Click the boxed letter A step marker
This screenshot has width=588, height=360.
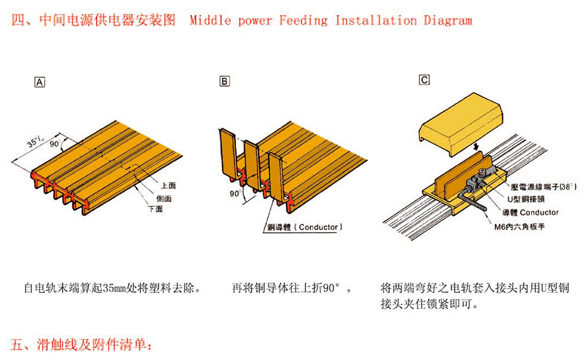coord(40,82)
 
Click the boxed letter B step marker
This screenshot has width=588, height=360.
coord(225,81)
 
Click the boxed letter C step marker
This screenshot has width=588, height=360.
coord(424,80)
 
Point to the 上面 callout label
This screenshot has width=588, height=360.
coord(168,186)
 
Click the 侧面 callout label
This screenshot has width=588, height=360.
coord(163,198)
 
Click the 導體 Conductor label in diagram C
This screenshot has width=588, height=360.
coord(530,212)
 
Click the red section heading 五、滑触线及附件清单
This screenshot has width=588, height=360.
coord(82,345)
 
